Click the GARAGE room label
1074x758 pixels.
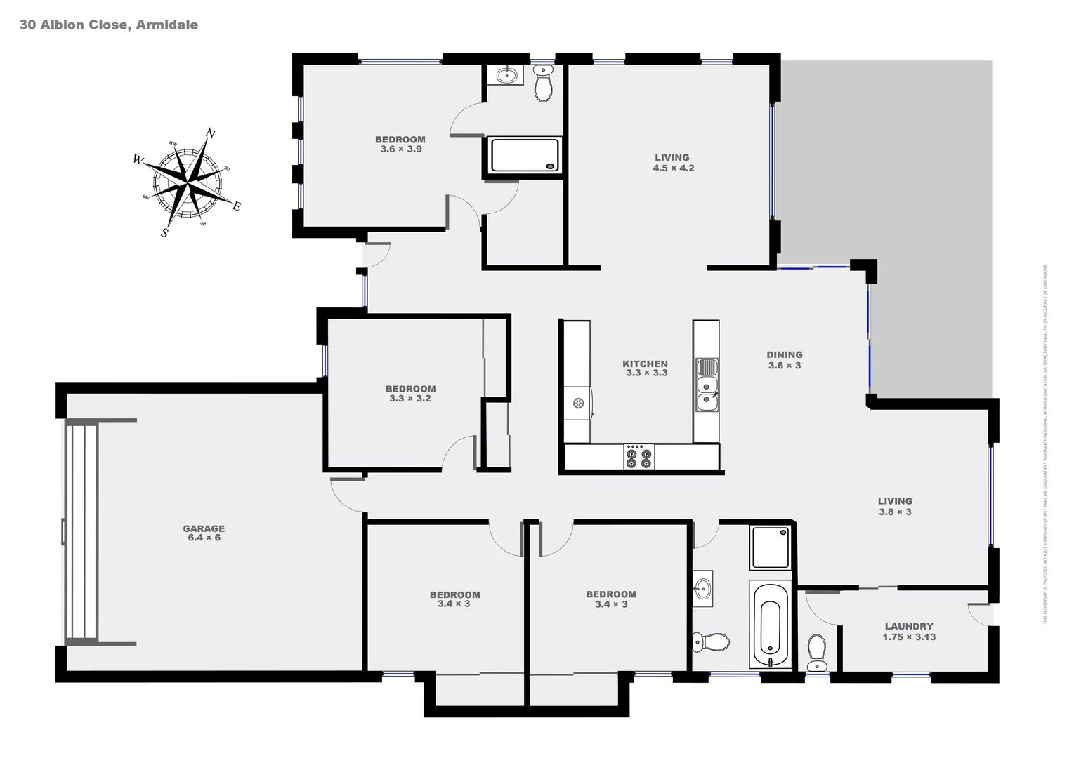(204, 528)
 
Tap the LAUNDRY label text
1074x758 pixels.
(909, 626)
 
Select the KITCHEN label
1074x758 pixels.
(645, 364)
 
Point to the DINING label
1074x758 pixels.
(784, 354)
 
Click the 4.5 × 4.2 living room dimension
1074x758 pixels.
(673, 168)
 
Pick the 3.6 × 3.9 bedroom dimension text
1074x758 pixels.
(401, 149)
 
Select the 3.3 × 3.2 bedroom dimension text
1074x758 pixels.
(410, 399)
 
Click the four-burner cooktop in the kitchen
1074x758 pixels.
(638, 456)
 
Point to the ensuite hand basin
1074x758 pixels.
(506, 74)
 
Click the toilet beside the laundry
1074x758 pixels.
(817, 652)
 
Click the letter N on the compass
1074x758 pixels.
(210, 133)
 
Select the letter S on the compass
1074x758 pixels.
(165, 233)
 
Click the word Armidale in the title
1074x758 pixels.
(166, 25)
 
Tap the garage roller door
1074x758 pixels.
(81, 531)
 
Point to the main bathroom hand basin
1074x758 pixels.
(702, 588)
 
